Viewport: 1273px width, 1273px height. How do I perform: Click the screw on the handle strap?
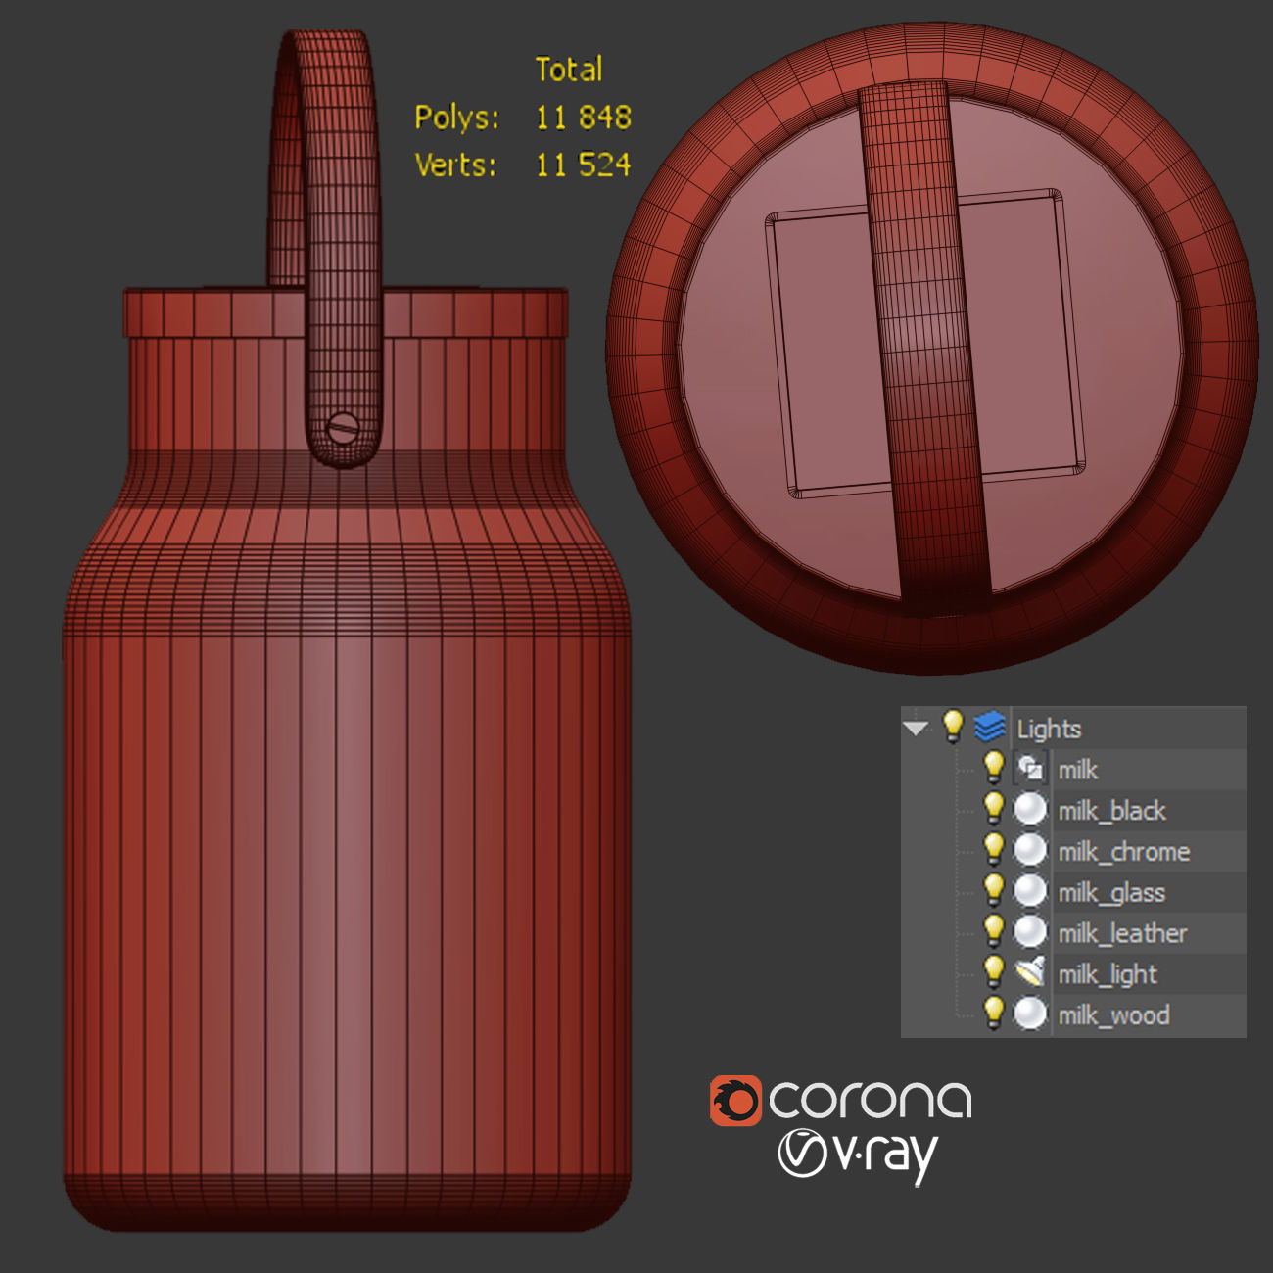[x=343, y=428]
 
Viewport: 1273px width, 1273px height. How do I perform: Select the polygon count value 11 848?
[x=583, y=118]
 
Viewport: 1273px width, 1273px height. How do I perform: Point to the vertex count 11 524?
[x=583, y=165]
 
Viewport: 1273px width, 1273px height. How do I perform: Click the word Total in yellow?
[x=568, y=70]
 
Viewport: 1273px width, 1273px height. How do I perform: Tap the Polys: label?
[x=456, y=118]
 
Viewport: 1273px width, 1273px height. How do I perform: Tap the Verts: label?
[x=455, y=165]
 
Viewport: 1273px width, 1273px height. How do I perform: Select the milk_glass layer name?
[x=1111, y=893]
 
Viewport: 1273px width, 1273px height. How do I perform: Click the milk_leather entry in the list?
[x=1122, y=934]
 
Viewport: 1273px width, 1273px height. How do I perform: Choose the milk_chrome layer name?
[x=1123, y=852]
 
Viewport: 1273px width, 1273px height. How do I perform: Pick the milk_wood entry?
[x=1113, y=1015]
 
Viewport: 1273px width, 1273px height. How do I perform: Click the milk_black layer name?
[x=1111, y=811]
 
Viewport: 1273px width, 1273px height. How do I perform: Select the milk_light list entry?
[x=1108, y=974]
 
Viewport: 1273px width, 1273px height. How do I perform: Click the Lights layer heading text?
[x=1049, y=729]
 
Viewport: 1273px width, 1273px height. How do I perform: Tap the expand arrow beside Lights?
[x=917, y=729]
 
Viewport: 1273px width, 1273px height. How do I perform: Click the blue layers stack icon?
[x=990, y=728]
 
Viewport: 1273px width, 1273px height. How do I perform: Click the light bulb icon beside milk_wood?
[x=993, y=1014]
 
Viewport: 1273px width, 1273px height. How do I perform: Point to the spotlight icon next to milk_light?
[x=1029, y=972]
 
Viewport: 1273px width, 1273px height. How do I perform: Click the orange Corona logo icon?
[x=734, y=1101]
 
